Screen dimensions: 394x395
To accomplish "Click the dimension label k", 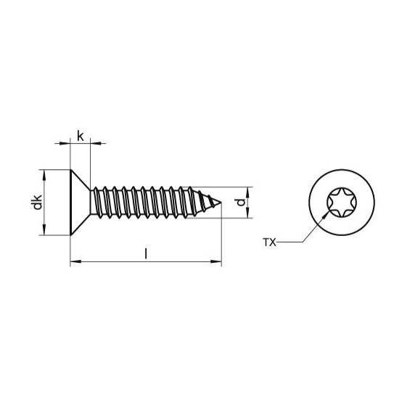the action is (x=80, y=137).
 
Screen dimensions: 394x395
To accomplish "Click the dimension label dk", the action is (x=38, y=202).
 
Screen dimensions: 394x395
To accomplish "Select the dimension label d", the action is (x=241, y=202).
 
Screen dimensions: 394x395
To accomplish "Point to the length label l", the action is (x=146, y=253).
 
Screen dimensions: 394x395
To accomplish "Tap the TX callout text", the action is (x=269, y=243).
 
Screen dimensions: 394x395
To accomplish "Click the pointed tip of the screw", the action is (x=221, y=203).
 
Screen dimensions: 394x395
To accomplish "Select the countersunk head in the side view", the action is (x=80, y=203).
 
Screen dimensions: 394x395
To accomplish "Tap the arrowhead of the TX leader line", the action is (x=326, y=216).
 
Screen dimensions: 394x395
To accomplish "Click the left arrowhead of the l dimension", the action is (x=75, y=262).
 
